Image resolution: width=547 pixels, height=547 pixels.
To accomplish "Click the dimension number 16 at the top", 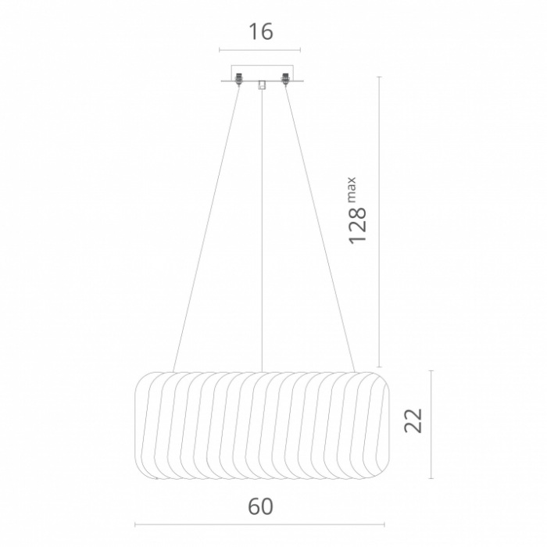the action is [x=260, y=32].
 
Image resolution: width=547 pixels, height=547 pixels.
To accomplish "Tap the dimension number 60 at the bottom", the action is [x=260, y=506].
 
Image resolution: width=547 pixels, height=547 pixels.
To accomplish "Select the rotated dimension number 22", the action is [x=413, y=420].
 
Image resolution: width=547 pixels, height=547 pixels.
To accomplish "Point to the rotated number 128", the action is [x=358, y=226].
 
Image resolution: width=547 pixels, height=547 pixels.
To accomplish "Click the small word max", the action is [x=352, y=190].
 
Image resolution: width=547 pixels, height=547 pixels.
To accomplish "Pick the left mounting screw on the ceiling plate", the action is [x=239, y=79].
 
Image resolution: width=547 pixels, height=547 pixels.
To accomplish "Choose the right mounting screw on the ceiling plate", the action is [x=286, y=79].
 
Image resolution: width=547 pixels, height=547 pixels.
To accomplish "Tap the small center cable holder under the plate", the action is [x=262, y=85].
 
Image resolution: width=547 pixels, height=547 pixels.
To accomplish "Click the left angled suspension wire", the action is [x=206, y=228].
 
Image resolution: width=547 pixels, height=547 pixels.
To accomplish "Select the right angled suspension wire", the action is [x=320, y=228].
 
